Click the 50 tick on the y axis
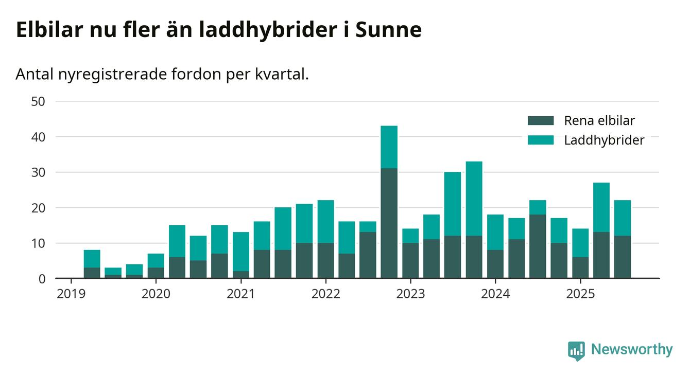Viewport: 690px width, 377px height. pyautogui.click(x=39, y=101)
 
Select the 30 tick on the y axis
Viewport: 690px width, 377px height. pyautogui.click(x=39, y=172)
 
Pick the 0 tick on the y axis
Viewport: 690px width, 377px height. pyautogui.click(x=42, y=279)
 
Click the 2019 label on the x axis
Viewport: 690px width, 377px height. pyautogui.click(x=71, y=294)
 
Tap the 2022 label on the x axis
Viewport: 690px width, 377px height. pyautogui.click(x=325, y=294)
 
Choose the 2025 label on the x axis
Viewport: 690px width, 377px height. pyautogui.click(x=580, y=294)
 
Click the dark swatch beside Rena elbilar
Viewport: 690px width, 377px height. pyautogui.click(x=540, y=121)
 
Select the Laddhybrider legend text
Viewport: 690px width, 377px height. pyautogui.click(x=604, y=140)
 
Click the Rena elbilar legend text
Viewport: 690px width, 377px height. pyautogui.click(x=599, y=121)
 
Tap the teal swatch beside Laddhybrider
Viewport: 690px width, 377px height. pyautogui.click(x=540, y=140)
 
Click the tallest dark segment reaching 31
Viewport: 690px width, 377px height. pyautogui.click(x=389, y=223)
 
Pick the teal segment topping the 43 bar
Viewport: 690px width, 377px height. pyautogui.click(x=389, y=147)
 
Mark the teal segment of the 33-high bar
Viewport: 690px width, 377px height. pyautogui.click(x=474, y=199)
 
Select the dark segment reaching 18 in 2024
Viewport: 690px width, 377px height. pyautogui.click(x=538, y=246)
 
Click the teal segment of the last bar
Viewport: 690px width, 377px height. pyautogui.click(x=622, y=218)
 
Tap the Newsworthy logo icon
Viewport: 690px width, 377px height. pyautogui.click(x=576, y=350)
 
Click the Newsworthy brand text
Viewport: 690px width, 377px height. pyautogui.click(x=631, y=350)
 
